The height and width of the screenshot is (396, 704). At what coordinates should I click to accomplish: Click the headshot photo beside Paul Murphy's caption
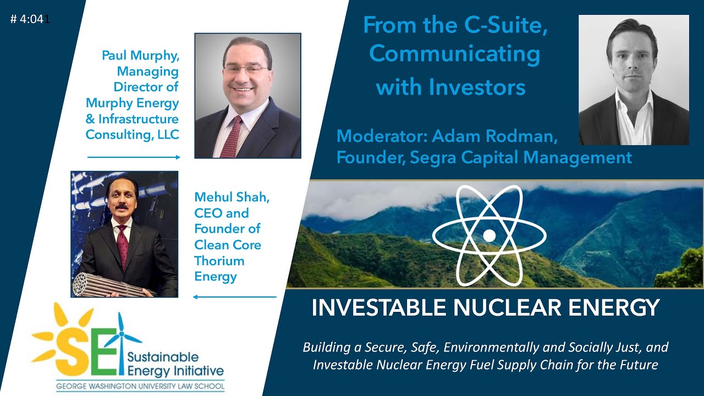(x=248, y=96)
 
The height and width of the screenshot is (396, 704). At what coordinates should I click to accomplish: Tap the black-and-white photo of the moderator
(x=634, y=80)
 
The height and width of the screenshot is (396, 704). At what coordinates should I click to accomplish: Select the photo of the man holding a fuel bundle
(x=124, y=234)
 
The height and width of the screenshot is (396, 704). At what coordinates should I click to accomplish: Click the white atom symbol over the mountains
(x=489, y=235)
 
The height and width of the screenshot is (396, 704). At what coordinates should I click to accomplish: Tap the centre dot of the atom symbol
(x=489, y=235)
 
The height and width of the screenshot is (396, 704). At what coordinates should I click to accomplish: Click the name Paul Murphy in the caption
(x=141, y=56)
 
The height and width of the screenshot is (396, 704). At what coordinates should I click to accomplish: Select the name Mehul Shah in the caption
(x=232, y=196)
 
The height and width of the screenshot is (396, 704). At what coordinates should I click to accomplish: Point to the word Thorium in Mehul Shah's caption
(x=219, y=261)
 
